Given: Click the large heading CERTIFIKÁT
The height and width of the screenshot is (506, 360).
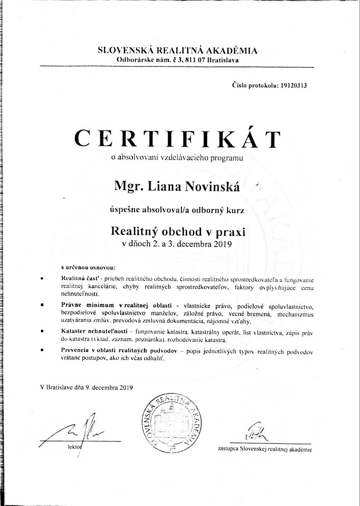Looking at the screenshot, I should (x=177, y=138).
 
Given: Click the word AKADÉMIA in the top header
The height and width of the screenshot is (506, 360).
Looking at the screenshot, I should (x=233, y=50).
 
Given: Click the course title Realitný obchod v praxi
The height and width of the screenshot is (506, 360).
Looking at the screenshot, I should (x=178, y=231).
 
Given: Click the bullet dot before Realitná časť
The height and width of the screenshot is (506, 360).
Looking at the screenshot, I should (x=42, y=278).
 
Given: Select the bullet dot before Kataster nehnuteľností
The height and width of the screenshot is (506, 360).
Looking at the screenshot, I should (x=42, y=331).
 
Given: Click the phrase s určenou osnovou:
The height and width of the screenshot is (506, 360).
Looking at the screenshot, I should (x=89, y=267).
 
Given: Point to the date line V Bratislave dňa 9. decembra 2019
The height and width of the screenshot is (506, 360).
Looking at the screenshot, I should (x=86, y=387).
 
